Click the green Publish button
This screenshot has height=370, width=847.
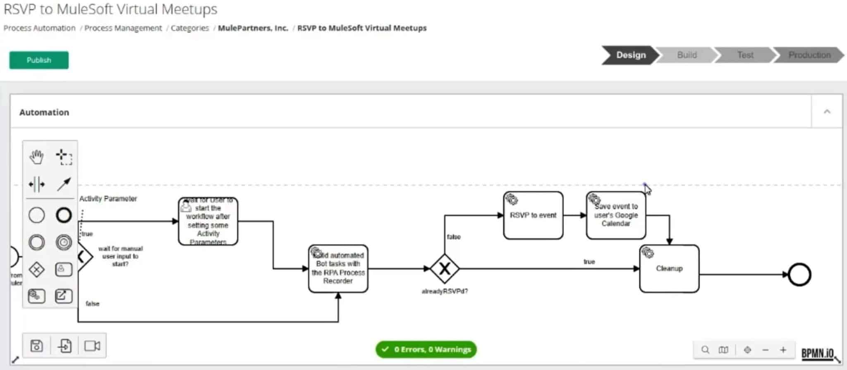pos(39,60)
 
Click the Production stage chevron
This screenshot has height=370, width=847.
pos(809,55)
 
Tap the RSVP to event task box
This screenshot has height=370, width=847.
pos(533,216)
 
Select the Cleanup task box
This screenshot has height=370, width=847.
pos(669,269)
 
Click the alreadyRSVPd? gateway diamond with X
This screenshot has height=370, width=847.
pos(444,269)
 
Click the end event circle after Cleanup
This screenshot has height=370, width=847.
pos(799,275)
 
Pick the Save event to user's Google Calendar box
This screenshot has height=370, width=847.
pos(615,216)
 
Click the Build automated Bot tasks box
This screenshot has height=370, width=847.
pos(338,269)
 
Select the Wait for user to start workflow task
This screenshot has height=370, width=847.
pos(208,222)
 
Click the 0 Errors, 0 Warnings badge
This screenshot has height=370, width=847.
pos(426,350)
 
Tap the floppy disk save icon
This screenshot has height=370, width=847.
pos(37,346)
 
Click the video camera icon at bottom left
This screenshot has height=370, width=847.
pos(92,346)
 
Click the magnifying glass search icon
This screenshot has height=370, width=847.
pos(705,350)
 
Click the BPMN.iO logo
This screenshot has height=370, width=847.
pos(817,353)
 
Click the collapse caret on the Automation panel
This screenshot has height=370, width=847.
pos(827,112)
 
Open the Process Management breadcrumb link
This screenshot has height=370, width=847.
pos(123,28)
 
